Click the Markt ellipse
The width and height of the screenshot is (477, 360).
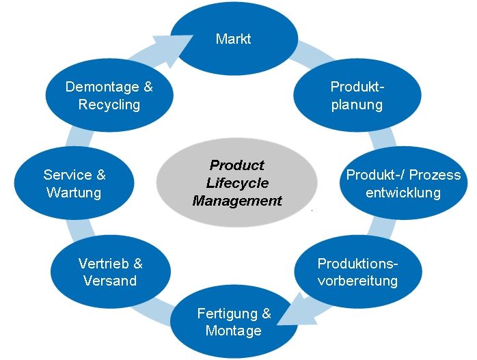[233, 38]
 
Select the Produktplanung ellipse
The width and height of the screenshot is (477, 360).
[356, 96]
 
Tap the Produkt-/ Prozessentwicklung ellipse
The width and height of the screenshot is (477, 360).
[403, 183]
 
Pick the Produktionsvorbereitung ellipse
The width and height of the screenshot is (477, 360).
[357, 271]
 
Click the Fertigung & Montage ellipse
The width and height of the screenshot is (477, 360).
[234, 322]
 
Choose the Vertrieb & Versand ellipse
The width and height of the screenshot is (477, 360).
[110, 272]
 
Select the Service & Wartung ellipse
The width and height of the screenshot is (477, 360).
[74, 183]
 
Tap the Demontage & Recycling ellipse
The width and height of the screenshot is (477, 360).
[109, 96]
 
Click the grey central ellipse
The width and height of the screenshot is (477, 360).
[237, 183]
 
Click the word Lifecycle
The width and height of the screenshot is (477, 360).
[237, 183]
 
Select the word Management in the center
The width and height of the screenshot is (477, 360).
[237, 201]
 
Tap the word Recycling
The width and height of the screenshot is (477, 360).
[109, 105]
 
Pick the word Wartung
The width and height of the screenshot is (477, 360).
[74, 192]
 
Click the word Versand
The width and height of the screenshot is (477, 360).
[110, 281]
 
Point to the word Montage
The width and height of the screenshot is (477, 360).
[234, 331]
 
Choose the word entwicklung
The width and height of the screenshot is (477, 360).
[403, 192]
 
